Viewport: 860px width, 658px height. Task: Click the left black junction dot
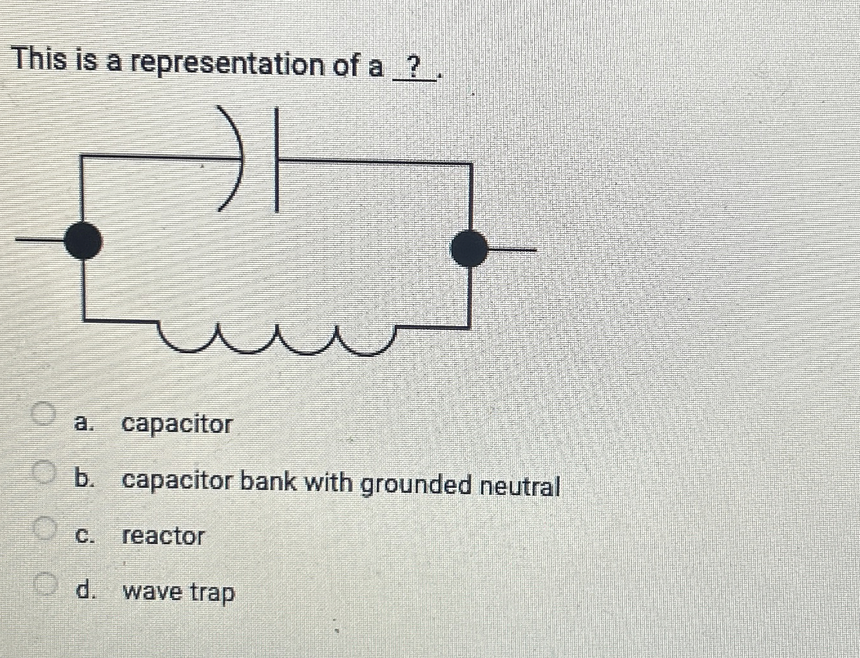(82, 240)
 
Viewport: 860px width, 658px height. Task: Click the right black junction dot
(468, 248)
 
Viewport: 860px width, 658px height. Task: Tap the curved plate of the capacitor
(235, 158)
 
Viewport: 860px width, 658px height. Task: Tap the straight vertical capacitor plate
(276, 160)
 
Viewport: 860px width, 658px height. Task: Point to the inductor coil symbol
(277, 340)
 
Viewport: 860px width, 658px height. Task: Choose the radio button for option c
(44, 528)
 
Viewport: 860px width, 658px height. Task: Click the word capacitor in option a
(177, 424)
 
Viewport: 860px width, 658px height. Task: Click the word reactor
(163, 536)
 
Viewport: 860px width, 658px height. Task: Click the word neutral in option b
(521, 485)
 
